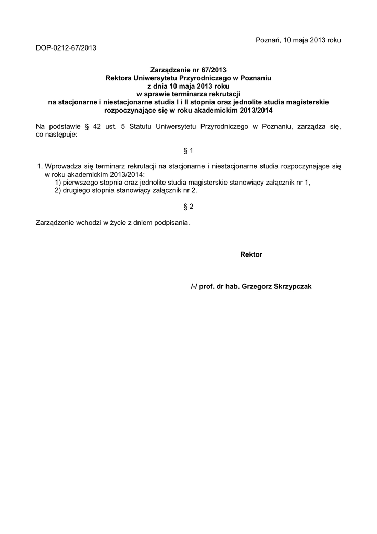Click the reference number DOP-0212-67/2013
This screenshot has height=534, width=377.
66,48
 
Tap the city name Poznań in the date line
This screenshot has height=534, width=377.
267,40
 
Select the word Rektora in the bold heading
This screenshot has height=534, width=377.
119,77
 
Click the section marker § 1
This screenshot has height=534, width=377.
188,151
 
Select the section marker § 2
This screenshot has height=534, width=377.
188,207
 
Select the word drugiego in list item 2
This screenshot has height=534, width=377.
77,191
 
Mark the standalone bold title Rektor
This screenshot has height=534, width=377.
251,254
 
